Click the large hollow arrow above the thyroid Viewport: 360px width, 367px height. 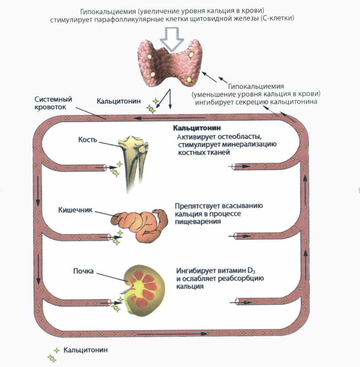pos(172,38)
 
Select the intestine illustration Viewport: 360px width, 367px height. pos(139,223)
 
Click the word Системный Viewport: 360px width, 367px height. pos(53,99)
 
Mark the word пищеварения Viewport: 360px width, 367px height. pos(198,222)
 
